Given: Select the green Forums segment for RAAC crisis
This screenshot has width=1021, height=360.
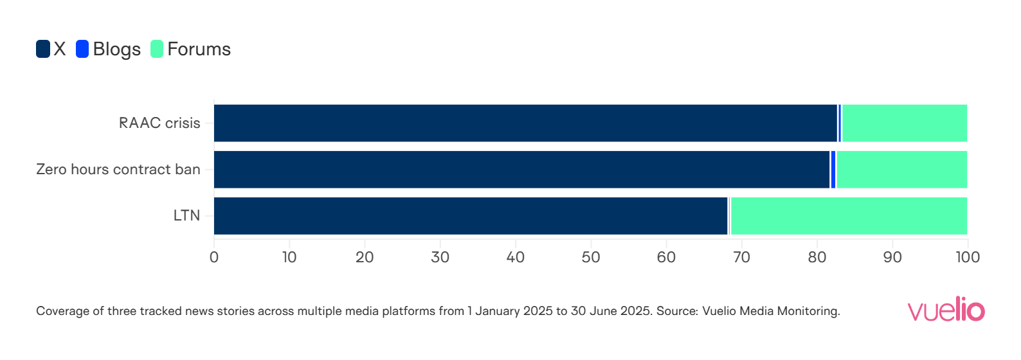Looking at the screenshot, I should (x=904, y=123).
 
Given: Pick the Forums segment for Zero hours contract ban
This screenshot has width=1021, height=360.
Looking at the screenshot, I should (x=901, y=170).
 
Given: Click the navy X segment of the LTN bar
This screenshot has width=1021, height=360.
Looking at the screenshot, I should (x=471, y=216).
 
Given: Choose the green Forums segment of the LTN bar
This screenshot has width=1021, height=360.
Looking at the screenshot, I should (x=849, y=216).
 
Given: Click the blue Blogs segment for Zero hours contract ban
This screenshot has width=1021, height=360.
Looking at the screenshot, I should (x=833, y=170).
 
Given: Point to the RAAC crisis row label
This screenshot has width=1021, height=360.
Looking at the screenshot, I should (x=159, y=123).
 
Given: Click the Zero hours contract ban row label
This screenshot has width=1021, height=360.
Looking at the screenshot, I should (x=118, y=170).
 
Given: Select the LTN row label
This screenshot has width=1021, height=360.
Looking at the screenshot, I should (x=186, y=216).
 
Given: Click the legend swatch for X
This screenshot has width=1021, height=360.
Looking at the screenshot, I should (x=43, y=49).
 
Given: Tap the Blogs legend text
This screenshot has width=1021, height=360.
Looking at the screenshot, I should (x=116, y=50).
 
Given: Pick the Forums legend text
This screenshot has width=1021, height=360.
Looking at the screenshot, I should (x=199, y=50).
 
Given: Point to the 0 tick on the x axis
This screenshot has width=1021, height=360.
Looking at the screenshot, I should (x=214, y=257).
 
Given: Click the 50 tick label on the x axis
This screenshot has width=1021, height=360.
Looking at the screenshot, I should (x=591, y=257).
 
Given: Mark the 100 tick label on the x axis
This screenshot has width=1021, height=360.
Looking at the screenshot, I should (x=968, y=257).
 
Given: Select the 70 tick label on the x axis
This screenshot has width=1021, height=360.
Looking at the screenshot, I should (x=741, y=257).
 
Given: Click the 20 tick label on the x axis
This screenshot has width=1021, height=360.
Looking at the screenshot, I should (x=365, y=257).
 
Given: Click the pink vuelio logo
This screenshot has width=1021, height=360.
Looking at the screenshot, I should (x=946, y=309).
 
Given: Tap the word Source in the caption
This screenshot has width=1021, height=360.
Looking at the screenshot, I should (x=676, y=311).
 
